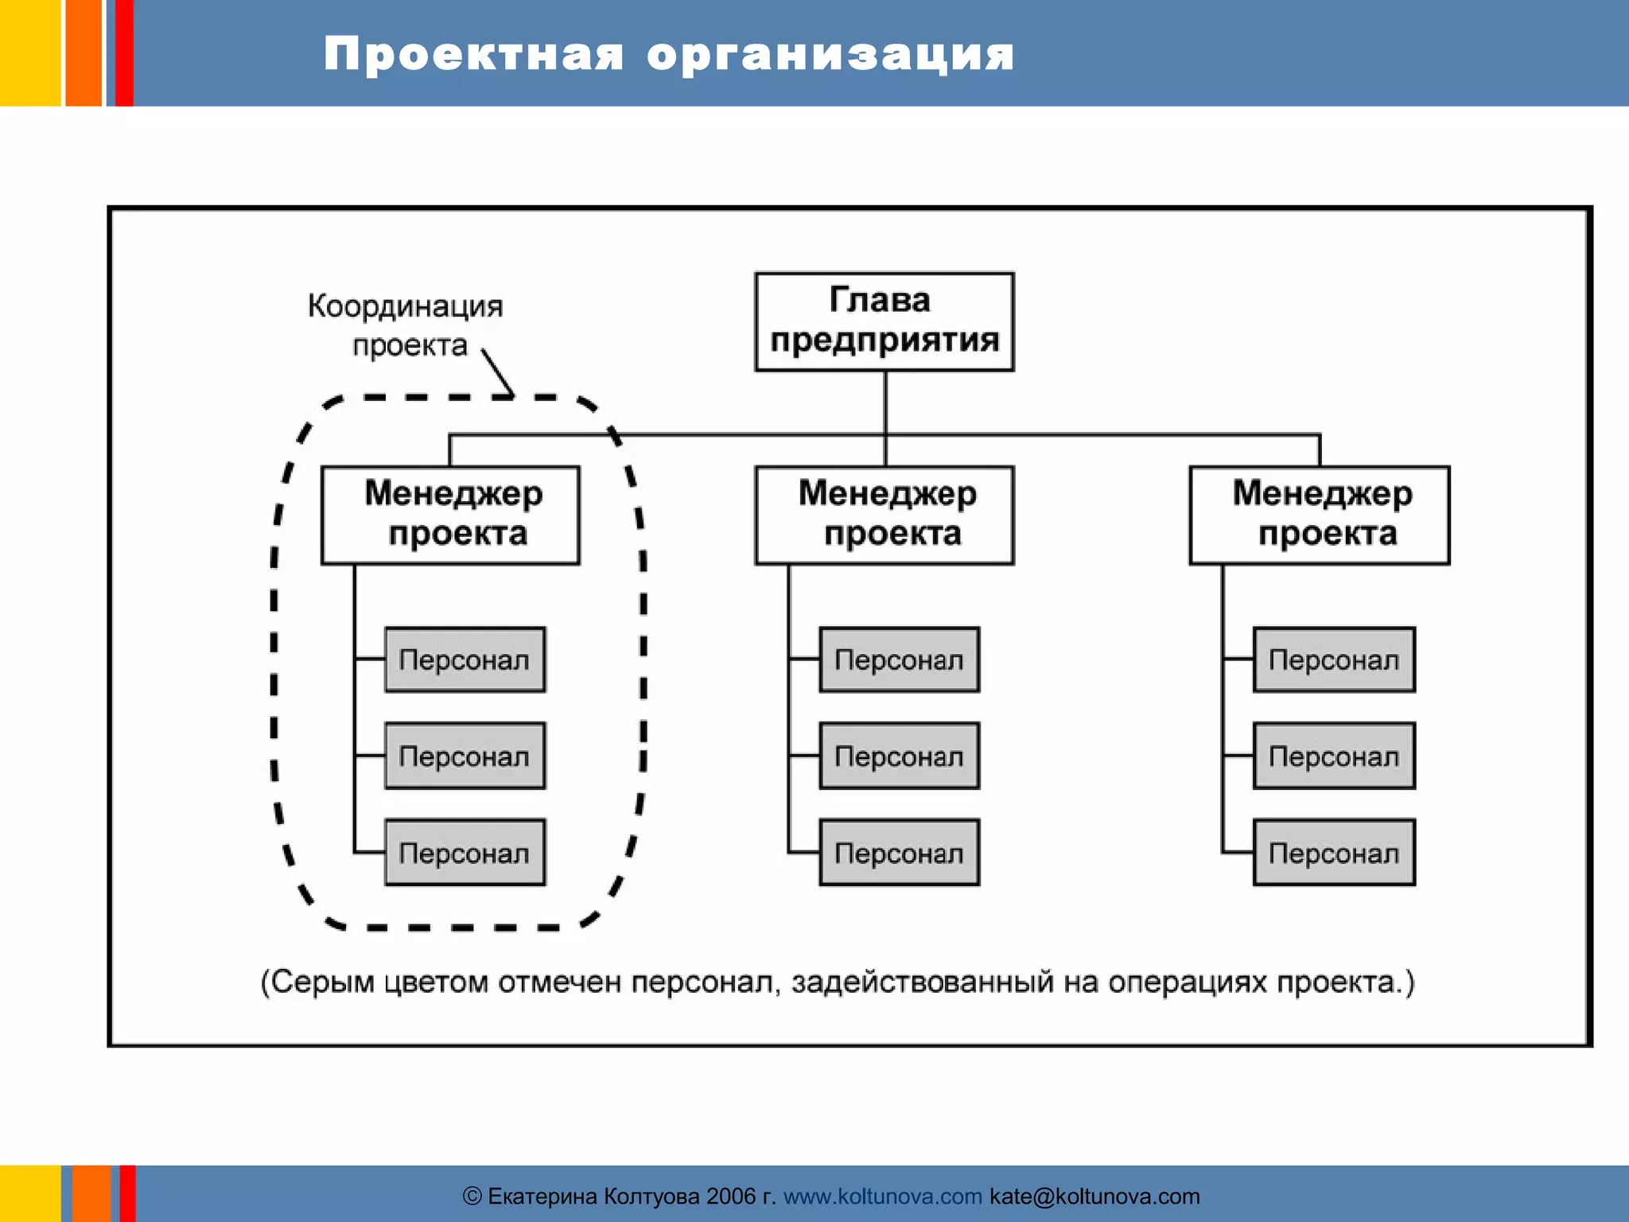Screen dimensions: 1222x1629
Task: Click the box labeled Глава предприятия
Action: coord(884,321)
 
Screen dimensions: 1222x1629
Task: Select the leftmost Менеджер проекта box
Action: coord(450,515)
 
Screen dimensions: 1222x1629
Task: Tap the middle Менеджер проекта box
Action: coord(884,515)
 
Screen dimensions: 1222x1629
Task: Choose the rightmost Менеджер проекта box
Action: coord(1319,515)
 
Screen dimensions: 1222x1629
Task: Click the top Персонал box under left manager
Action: coord(465,660)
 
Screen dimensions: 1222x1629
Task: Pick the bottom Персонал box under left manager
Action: coord(465,852)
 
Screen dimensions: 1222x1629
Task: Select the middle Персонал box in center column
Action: coord(899,756)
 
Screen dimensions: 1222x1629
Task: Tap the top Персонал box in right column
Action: coord(1334,660)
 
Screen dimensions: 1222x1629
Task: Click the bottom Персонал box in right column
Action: coord(1334,852)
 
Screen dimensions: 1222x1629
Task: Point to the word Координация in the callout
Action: coord(405,306)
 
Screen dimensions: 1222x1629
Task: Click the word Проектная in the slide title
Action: coord(473,54)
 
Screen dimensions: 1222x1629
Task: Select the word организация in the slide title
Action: coord(830,54)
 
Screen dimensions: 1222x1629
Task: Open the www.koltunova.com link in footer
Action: coord(882,1197)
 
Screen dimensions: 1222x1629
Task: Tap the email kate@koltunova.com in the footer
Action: coord(1094,1197)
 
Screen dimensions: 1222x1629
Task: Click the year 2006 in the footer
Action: coord(730,1197)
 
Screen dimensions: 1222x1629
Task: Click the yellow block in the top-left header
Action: coord(29,53)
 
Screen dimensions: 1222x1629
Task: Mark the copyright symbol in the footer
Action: coord(472,1197)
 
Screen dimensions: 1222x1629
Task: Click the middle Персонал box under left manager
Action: coord(465,756)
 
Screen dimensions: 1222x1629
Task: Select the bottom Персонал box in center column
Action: coord(899,852)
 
